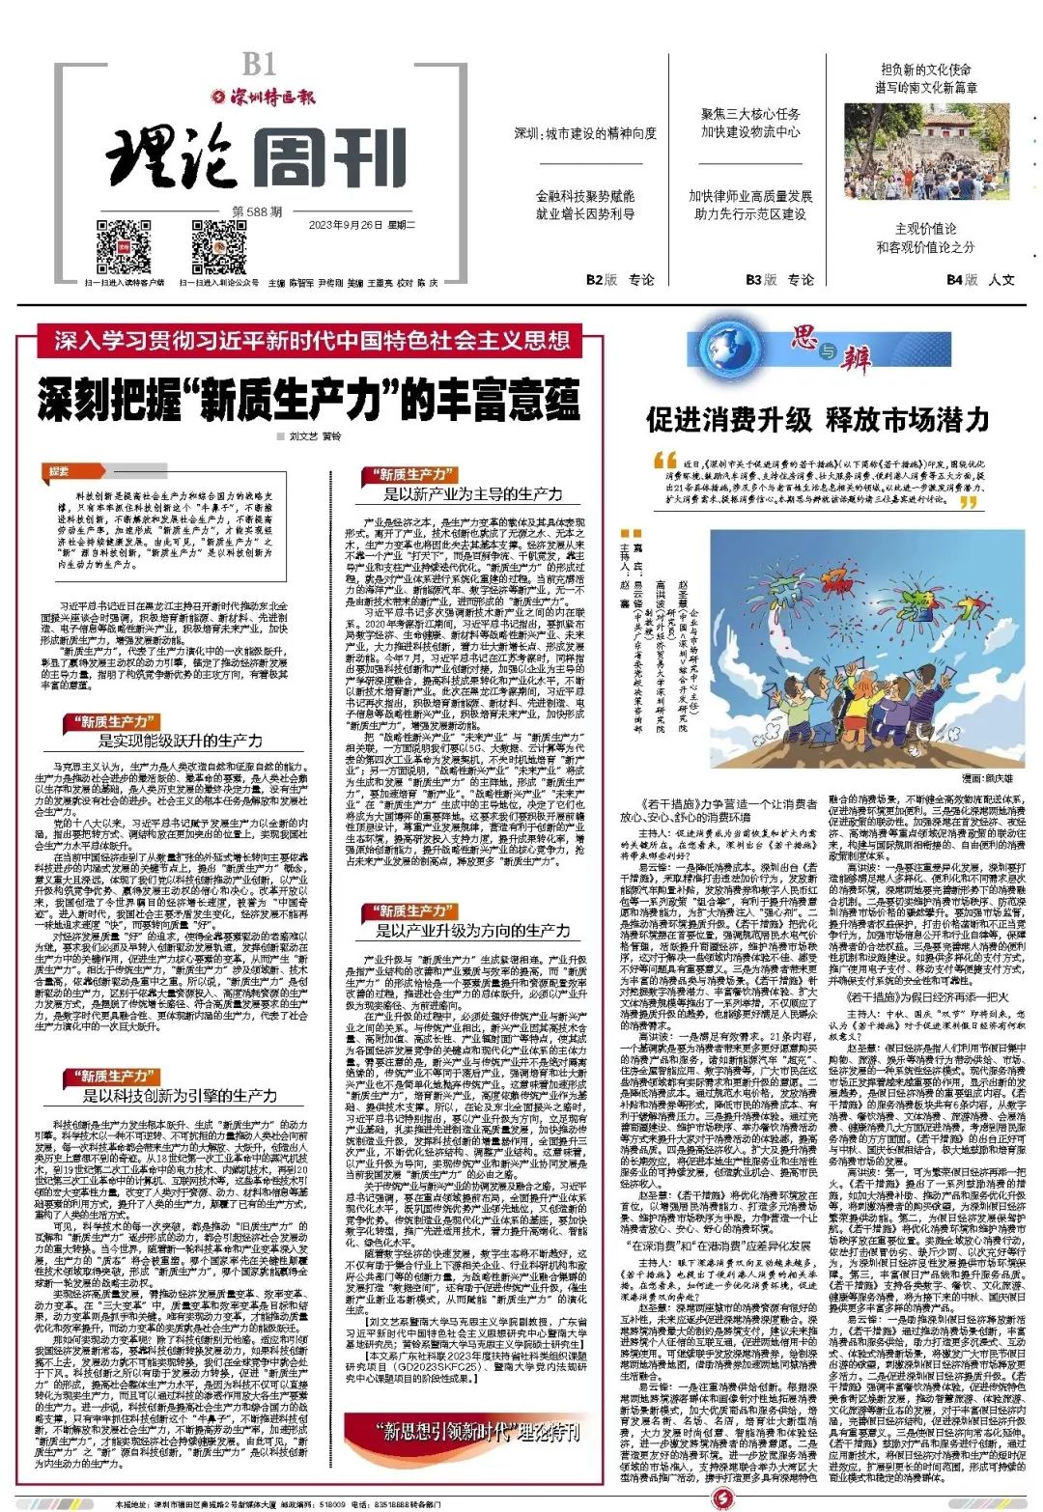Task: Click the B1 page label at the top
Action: [260, 65]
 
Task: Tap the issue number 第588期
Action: [257, 210]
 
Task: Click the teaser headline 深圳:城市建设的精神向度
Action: [584, 133]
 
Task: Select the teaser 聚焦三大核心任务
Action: [750, 114]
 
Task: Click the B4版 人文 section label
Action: [980, 280]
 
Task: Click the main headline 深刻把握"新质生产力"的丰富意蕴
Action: [310, 399]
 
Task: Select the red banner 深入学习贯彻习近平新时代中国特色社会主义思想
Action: [312, 340]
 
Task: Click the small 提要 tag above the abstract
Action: [60, 471]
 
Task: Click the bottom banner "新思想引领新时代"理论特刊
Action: [482, 1431]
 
